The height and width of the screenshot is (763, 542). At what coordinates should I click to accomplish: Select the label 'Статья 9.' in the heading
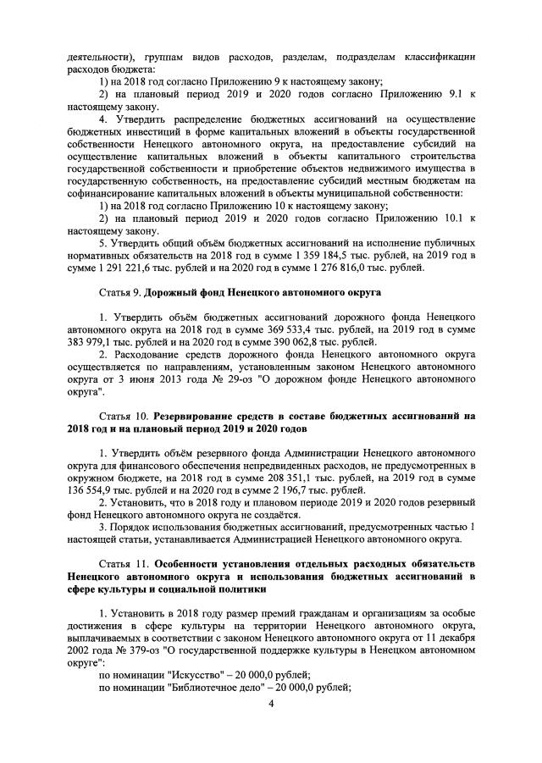tap(120, 292)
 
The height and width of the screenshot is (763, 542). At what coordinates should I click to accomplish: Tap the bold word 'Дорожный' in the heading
tap(172, 292)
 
